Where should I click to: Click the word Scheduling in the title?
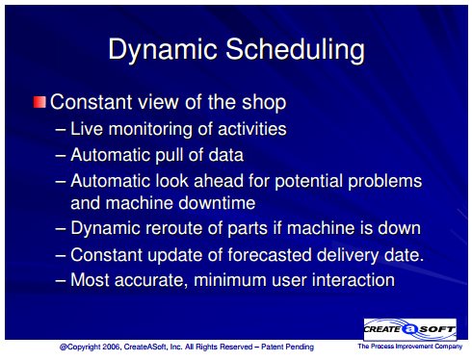pyautogui.click(x=295, y=50)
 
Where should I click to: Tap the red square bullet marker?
pyautogui.click(x=39, y=102)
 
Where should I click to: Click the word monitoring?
pyautogui.click(x=150, y=130)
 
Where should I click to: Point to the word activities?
pyautogui.click(x=252, y=129)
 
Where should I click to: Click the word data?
pyautogui.click(x=226, y=155)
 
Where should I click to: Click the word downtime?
pyautogui.click(x=217, y=203)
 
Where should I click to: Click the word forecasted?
pyautogui.click(x=270, y=255)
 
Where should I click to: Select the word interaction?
pyautogui.click(x=354, y=280)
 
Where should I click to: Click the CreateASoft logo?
pyautogui.click(x=410, y=329)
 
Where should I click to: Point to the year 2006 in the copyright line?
pyautogui.click(x=112, y=347)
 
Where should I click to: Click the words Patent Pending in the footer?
pyautogui.click(x=287, y=347)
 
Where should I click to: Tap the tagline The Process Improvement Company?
pyautogui.click(x=410, y=347)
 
